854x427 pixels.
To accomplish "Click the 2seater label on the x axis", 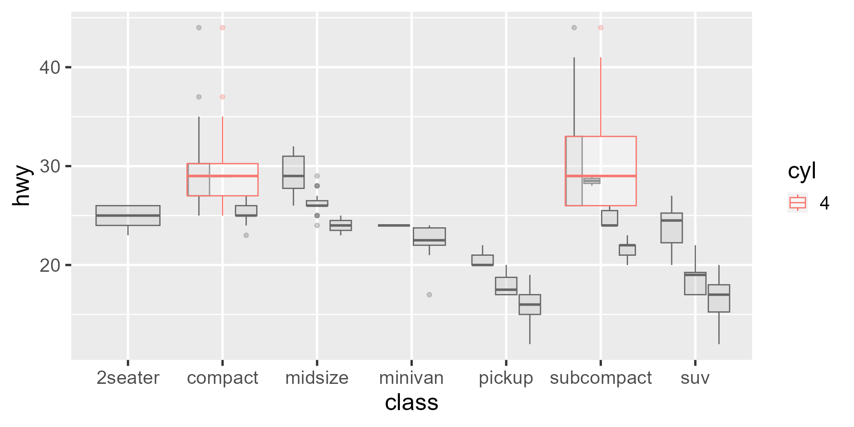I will point(128,378).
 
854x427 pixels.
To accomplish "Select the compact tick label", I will point(222,378).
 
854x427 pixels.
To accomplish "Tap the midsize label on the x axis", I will point(317,378).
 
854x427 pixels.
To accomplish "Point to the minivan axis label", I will point(411,378).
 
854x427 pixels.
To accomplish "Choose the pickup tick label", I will point(506,378).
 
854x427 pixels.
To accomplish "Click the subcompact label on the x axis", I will point(600,378).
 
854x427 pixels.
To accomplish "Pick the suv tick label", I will point(695,378).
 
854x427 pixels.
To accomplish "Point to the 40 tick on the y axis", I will point(49,68).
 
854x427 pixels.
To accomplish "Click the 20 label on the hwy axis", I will point(49,266).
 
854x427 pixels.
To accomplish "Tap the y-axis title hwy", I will point(21,186).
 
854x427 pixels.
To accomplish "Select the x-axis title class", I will point(411,403).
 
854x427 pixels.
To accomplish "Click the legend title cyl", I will point(802,171).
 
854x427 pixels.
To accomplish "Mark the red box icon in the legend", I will point(798,203).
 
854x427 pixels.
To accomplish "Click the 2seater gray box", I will point(128,215).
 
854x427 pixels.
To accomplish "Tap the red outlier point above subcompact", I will point(600,28).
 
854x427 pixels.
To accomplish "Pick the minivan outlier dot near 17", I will point(429,294).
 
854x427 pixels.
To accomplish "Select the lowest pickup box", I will point(530,305).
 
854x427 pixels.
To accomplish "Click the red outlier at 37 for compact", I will point(222,97).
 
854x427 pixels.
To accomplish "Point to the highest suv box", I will point(672,228).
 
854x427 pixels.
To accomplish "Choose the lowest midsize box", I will point(341,226).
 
